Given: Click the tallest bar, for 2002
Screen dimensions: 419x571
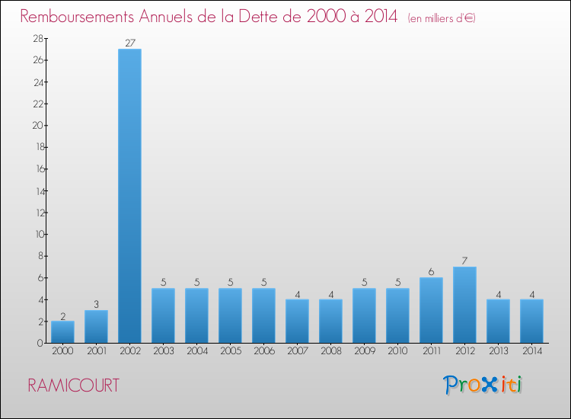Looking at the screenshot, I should click(x=129, y=196).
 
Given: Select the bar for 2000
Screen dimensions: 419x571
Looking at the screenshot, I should click(x=62, y=332).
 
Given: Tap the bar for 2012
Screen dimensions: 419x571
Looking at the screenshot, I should click(x=464, y=305).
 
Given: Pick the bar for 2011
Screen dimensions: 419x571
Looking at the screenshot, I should click(x=431, y=310).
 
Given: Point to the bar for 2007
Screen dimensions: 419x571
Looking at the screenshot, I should click(x=297, y=321).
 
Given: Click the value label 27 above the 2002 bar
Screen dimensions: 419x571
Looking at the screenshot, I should click(x=129, y=43).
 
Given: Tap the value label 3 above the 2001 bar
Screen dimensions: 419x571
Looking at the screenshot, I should click(x=96, y=305).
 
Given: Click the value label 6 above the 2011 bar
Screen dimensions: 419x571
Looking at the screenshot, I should click(x=431, y=272).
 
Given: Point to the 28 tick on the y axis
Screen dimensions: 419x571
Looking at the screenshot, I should click(x=37, y=38).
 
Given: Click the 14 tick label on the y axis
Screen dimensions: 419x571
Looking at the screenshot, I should click(x=37, y=190).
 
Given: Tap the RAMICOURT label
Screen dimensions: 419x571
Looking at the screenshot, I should click(x=73, y=385).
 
